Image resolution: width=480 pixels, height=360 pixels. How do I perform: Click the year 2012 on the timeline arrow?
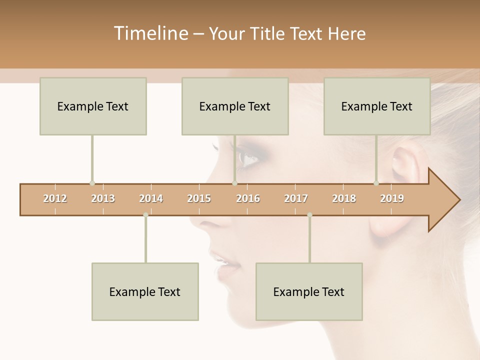(x=55, y=198)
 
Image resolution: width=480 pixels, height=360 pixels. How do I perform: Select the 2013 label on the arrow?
(x=103, y=198)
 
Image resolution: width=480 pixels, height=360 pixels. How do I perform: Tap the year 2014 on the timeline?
(x=151, y=198)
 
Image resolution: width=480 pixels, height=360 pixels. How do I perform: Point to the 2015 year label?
(x=199, y=198)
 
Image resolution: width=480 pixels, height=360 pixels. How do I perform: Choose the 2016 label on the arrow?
(x=248, y=198)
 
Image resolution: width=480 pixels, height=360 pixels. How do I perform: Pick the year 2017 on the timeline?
(x=296, y=198)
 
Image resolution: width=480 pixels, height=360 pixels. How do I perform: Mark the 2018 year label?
(x=344, y=198)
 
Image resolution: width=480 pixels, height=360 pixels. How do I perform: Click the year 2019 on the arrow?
(x=392, y=198)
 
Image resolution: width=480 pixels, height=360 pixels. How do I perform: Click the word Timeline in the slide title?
(x=150, y=33)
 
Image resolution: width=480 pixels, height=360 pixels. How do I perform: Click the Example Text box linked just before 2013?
(x=93, y=106)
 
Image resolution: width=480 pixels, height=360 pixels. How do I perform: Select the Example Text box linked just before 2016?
(x=235, y=106)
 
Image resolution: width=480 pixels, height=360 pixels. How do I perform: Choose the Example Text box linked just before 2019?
(x=377, y=106)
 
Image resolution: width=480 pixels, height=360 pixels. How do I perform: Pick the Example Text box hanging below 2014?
(x=145, y=291)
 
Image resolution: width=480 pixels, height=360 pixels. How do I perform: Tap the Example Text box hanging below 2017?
(x=309, y=291)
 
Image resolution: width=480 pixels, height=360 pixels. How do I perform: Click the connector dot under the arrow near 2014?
(x=145, y=215)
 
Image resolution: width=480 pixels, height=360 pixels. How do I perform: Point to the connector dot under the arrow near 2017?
(x=309, y=215)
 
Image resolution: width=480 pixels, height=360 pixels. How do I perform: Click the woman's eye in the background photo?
(x=248, y=158)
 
